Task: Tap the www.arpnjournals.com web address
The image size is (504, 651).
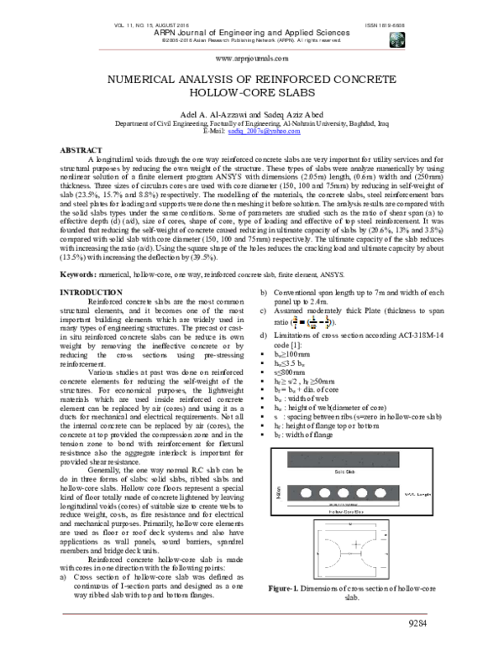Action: [252, 60]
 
